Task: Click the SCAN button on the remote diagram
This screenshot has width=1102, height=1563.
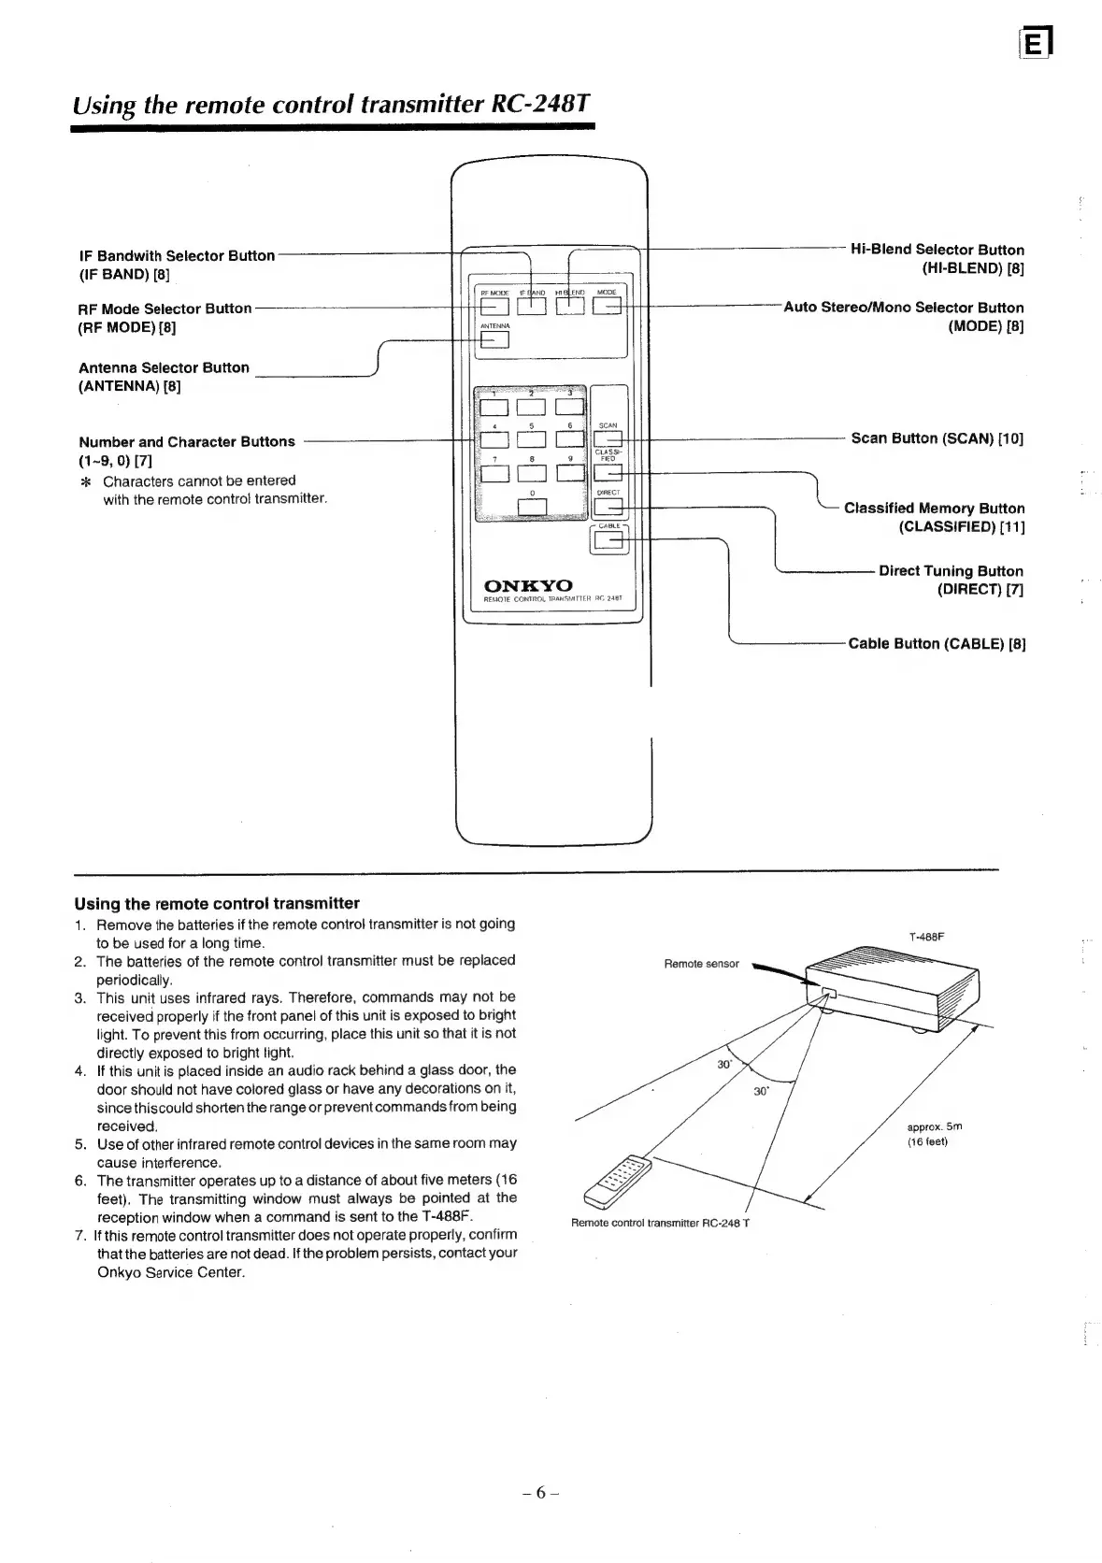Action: click(x=608, y=438)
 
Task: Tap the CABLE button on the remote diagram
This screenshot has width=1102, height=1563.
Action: click(x=608, y=541)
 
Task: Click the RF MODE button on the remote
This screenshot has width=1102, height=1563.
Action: click(x=493, y=306)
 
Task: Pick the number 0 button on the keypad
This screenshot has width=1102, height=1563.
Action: click(x=532, y=507)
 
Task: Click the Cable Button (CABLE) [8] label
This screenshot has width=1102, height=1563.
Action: click(x=937, y=643)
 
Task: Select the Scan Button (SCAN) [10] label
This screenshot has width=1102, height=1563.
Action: click(x=937, y=438)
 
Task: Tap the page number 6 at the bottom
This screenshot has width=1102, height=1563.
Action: click(x=541, y=1493)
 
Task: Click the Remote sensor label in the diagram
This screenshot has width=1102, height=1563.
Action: click(x=701, y=964)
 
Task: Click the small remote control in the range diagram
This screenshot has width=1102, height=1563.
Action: click(x=618, y=1181)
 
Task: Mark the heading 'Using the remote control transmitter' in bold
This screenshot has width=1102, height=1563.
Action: click(x=217, y=903)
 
